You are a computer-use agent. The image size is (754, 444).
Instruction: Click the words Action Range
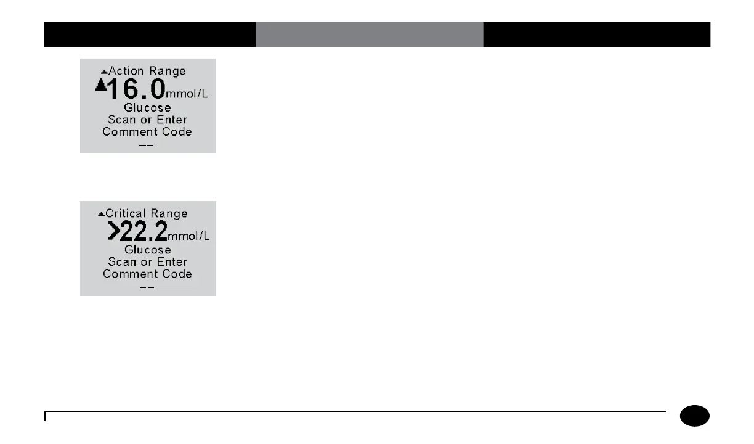click(147, 71)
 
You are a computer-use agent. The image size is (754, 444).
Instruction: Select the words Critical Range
click(147, 213)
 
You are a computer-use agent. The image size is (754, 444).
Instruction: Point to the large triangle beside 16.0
click(101, 87)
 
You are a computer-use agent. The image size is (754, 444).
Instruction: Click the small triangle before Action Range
click(104, 72)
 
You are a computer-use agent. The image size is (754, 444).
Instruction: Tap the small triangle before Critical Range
click(101, 215)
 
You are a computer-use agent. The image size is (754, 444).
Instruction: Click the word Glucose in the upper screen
click(148, 107)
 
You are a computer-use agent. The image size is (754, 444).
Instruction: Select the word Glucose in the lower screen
click(148, 250)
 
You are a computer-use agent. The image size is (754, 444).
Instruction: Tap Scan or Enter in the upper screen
click(147, 120)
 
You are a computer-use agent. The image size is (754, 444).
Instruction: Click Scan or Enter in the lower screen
click(147, 261)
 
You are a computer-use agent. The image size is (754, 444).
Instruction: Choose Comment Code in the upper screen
click(147, 131)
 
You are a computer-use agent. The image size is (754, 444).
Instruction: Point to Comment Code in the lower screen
click(147, 274)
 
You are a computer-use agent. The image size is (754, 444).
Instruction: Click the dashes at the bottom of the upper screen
click(147, 146)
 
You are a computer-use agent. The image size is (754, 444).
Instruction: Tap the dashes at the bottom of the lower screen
click(147, 288)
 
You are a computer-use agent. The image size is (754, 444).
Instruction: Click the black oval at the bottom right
click(695, 416)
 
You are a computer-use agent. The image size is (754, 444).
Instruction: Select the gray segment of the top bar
click(369, 35)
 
